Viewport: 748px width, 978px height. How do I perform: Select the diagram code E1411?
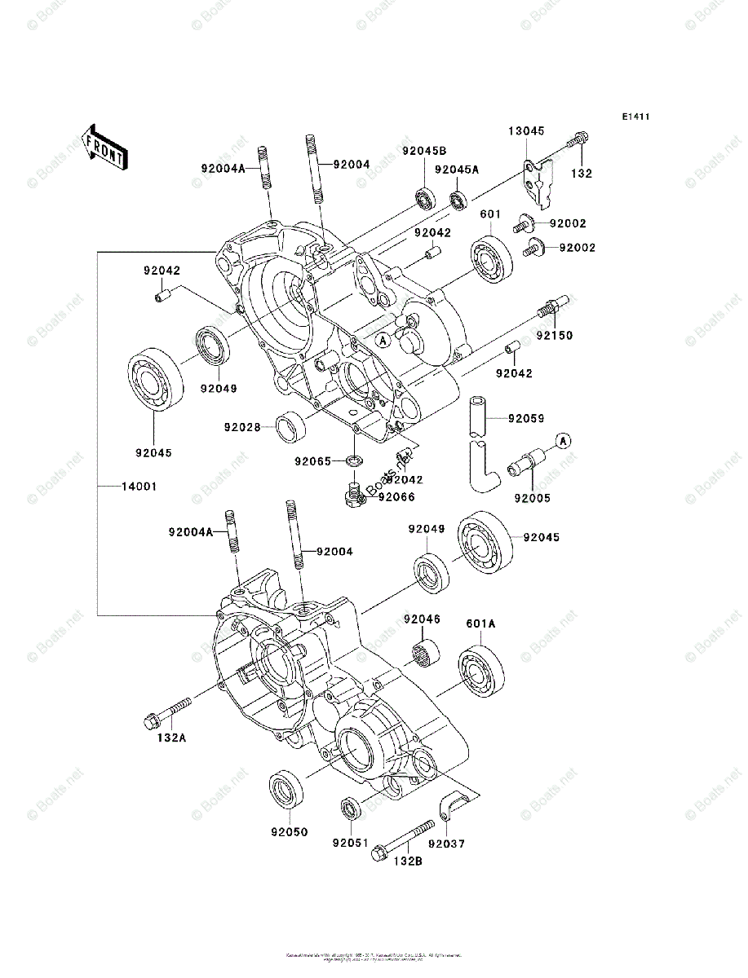pyautogui.click(x=635, y=117)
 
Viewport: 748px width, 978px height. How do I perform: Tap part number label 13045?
pyautogui.click(x=527, y=130)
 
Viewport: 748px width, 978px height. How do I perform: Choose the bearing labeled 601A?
pyautogui.click(x=480, y=670)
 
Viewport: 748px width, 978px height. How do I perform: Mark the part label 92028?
pyautogui.click(x=243, y=425)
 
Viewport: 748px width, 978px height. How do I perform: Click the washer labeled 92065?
pyautogui.click(x=354, y=462)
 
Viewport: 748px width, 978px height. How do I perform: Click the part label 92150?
pyautogui.click(x=555, y=334)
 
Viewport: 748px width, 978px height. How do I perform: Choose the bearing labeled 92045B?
pyautogui.click(x=425, y=198)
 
